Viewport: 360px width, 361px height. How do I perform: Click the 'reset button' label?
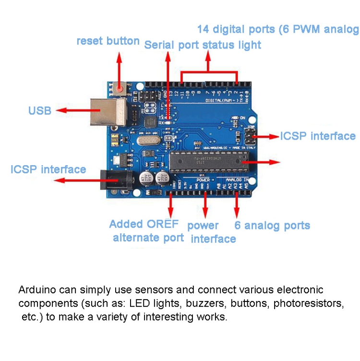[108, 41]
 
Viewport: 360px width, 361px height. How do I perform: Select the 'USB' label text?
[40, 111]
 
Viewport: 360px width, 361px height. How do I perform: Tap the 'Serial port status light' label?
[203, 45]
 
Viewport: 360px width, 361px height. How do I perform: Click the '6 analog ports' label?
[272, 226]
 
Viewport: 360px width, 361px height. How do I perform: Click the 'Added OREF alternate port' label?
[147, 231]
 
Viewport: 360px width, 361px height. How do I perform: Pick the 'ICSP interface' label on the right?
[318, 136]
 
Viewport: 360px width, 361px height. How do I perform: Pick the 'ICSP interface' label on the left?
[48, 169]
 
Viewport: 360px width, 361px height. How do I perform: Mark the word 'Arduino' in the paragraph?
[36, 290]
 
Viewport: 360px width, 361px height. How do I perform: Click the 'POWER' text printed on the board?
[203, 180]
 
